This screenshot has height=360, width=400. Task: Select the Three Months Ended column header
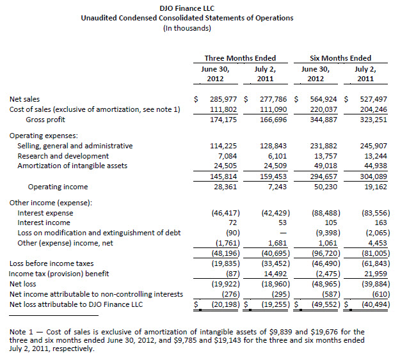[240, 58]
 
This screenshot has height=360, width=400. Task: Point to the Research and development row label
[63, 156]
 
